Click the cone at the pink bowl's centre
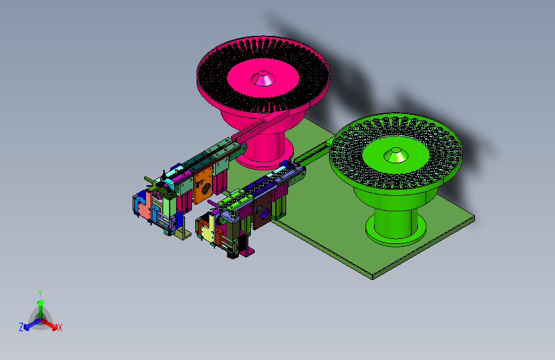pos(263,78)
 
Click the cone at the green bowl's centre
pos(396,155)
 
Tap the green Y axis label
pos(40,293)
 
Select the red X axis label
pos(60,327)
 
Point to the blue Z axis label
pos(21,327)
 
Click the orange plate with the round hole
pos(203,184)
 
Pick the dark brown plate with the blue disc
pos(262,213)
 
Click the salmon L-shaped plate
pos(145,209)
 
